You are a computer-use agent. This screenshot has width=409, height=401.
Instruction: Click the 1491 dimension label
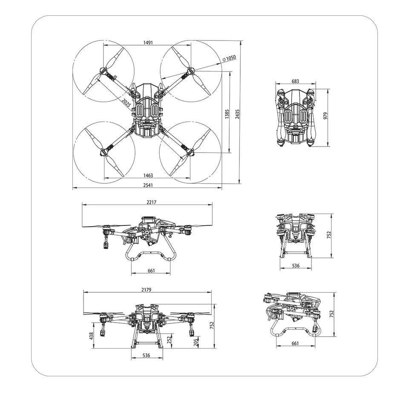(x=148, y=43)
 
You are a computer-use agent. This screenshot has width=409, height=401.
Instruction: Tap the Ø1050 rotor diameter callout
(x=229, y=58)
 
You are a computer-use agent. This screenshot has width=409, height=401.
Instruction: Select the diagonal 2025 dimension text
(x=126, y=103)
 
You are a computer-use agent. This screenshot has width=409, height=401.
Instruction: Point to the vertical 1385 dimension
(x=227, y=113)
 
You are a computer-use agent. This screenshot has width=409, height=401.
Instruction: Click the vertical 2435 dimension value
(x=238, y=113)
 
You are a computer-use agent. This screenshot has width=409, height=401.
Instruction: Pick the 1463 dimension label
(x=148, y=176)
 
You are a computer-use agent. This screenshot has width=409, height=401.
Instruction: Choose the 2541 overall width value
(x=148, y=185)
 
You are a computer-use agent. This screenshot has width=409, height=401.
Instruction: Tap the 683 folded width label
(x=295, y=81)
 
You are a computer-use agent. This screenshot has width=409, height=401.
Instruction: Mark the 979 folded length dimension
(x=325, y=116)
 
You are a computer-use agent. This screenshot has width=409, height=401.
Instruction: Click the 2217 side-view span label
(x=151, y=202)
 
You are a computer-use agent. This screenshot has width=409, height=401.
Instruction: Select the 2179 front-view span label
(x=146, y=290)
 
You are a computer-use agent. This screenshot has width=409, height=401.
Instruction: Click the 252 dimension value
(x=169, y=340)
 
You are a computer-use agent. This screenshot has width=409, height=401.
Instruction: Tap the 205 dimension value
(x=196, y=342)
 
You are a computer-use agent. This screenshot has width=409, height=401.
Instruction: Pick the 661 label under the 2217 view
(x=151, y=271)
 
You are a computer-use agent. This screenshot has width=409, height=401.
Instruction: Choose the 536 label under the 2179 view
(x=146, y=355)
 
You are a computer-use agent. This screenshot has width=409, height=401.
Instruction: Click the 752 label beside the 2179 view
(x=212, y=326)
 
